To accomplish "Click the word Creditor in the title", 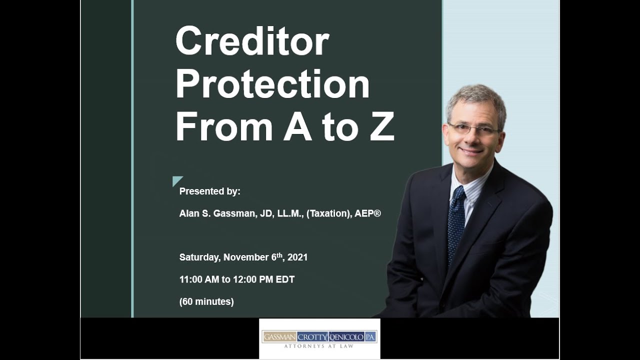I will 252,42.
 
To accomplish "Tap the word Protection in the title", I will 272,84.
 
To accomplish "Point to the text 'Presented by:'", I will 210,191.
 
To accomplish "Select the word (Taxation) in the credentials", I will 328,213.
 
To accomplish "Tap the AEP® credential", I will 367,213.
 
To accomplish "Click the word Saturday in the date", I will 199,257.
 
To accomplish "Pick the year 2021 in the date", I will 297,257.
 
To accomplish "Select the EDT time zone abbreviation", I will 285,279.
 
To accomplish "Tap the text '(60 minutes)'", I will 206,302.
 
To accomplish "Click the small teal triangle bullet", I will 176,180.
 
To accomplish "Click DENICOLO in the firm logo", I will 345,336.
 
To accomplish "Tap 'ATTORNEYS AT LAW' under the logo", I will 319,346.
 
